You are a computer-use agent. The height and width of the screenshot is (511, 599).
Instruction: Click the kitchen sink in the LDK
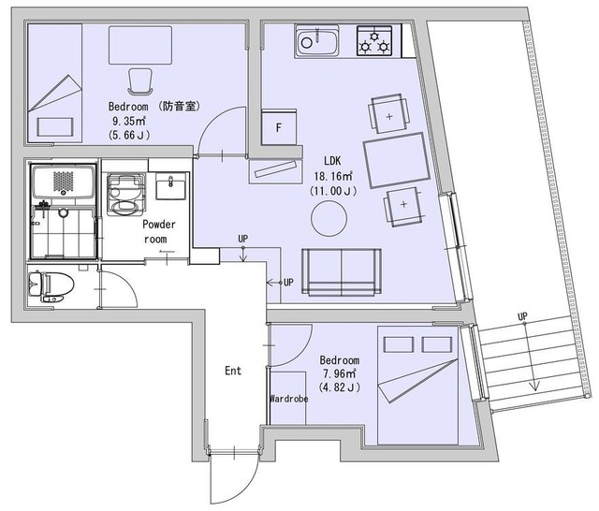pos(316,41)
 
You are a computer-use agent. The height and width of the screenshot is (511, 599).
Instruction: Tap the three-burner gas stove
pos(374,41)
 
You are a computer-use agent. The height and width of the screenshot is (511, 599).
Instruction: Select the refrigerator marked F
pos(279,127)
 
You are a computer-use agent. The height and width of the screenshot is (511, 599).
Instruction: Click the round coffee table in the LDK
pos(329,219)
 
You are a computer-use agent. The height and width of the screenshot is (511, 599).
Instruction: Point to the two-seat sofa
pos(341,272)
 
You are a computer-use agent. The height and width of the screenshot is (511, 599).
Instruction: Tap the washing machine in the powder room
pos(126,195)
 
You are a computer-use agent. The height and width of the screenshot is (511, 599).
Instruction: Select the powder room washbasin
pos(171,186)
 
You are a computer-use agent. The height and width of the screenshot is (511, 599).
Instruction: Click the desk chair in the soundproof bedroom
pos(140,81)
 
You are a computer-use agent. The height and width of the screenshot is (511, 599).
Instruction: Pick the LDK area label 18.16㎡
pos(333,177)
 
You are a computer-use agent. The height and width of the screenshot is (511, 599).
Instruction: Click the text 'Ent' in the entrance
pos(233,371)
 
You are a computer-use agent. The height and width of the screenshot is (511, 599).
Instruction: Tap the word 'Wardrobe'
pos(289,399)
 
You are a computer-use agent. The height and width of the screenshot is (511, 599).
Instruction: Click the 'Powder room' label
pos(158,231)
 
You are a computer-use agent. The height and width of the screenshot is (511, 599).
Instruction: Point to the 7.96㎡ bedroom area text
pos(339,374)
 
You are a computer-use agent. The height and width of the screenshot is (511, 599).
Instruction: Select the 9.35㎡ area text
pos(129,122)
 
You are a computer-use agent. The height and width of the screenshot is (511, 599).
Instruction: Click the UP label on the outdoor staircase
pos(522,316)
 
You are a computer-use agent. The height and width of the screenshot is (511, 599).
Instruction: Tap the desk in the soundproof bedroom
pos(140,45)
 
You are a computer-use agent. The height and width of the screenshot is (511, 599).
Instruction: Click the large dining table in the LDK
pos(397,160)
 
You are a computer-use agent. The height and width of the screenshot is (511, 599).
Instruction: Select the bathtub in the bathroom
pos(63,181)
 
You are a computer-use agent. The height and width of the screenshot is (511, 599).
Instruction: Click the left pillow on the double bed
pos(399,344)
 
